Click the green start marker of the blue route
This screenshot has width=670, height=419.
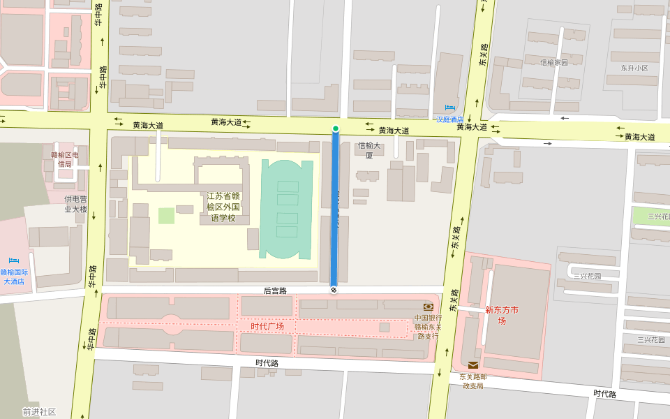click(336, 128)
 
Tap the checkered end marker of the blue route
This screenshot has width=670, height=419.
click(334, 289)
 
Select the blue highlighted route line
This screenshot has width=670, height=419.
click(335, 209)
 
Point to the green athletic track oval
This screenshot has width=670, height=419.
click(288, 209)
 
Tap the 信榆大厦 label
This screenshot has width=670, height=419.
click(370, 150)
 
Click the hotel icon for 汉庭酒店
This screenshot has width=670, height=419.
click(449, 108)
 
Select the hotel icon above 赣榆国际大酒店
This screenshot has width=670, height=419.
click(14, 261)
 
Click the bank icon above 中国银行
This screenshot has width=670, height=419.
click(428, 307)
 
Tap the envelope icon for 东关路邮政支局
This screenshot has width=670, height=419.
click(473, 365)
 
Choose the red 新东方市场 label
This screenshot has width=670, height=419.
click(502, 315)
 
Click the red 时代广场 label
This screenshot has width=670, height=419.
click(267, 326)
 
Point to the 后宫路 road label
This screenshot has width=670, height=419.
click(275, 291)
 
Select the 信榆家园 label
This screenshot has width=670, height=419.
click(554, 62)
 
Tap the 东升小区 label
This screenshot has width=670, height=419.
click(634, 68)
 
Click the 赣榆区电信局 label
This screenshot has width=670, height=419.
click(65, 159)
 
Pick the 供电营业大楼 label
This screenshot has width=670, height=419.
click(75, 204)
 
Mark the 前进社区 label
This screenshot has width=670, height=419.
click(39, 412)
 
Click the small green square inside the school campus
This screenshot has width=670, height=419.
click(166, 216)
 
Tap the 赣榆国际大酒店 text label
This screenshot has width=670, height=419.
click(14, 277)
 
